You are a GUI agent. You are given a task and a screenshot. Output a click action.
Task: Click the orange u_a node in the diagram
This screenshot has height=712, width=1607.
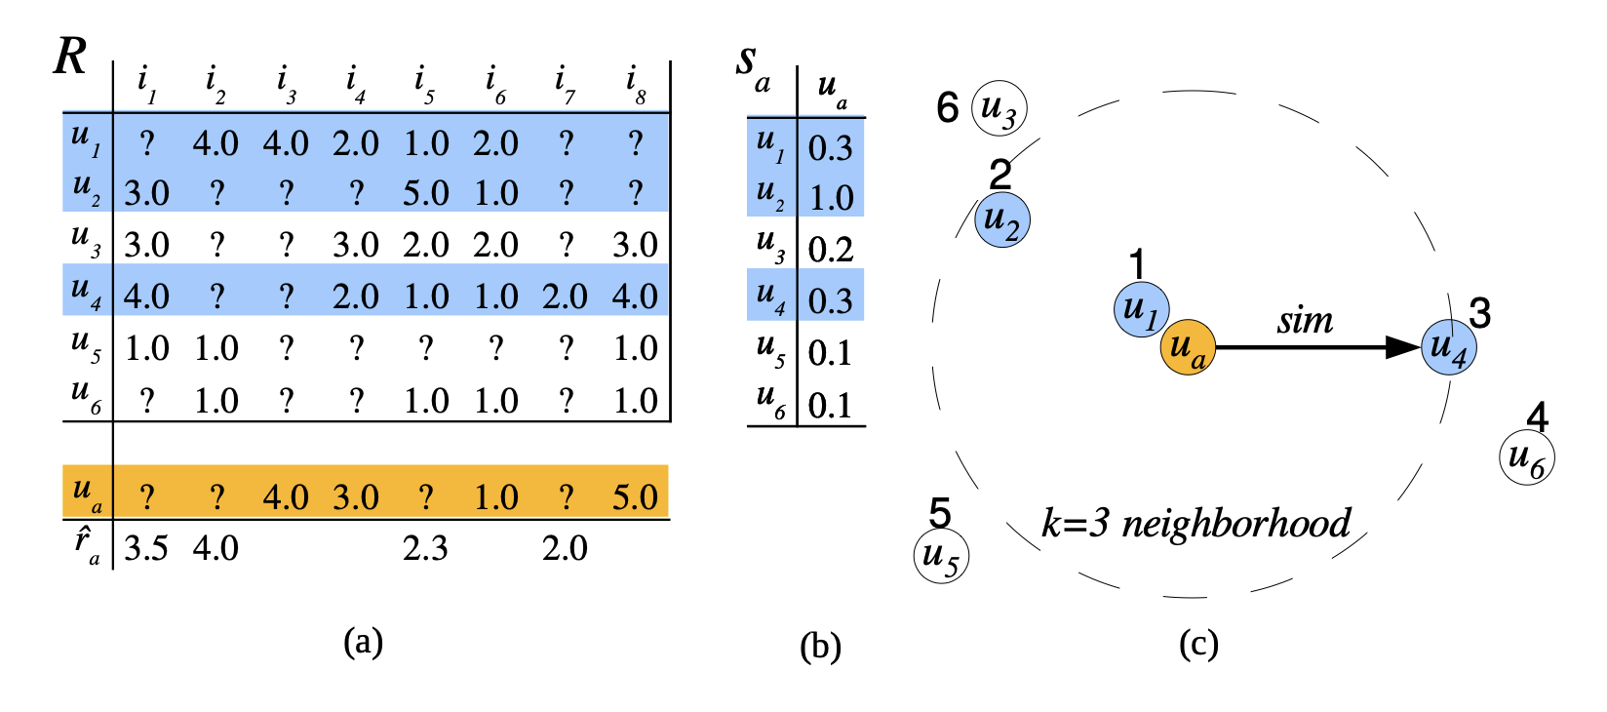1187,347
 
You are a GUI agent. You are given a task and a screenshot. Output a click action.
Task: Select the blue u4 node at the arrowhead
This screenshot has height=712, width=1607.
1448,347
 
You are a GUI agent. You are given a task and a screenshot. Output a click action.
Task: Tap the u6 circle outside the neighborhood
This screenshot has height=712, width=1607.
1526,457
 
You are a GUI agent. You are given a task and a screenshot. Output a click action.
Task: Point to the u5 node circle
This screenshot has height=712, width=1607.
941,556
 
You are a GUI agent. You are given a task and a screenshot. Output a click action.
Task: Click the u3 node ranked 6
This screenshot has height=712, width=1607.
999,108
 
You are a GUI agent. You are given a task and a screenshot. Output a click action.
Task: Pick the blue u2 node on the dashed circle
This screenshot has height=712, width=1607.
1001,219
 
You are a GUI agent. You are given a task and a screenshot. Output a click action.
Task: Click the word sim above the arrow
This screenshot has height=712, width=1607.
1305,320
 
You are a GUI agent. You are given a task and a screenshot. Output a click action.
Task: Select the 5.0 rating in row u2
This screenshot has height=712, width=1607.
426,193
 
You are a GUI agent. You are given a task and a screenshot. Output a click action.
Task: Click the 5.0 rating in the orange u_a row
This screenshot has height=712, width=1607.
635,497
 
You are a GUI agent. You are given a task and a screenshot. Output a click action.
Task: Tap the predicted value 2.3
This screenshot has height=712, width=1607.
426,548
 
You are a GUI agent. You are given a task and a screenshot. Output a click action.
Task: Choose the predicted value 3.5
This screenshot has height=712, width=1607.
146,548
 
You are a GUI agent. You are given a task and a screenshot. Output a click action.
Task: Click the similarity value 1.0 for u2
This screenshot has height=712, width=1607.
831,198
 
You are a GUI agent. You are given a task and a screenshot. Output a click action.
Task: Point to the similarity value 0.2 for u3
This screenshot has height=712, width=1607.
831,250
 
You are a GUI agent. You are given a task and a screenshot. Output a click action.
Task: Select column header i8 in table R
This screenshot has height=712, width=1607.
636,85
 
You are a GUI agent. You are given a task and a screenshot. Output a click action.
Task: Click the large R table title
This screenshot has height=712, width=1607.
70,57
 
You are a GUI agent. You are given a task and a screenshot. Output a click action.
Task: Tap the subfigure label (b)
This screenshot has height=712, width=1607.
820,646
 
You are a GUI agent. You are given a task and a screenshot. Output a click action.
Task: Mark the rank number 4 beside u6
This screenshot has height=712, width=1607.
1537,417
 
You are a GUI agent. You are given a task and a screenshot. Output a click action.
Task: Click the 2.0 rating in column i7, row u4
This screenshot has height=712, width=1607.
566,297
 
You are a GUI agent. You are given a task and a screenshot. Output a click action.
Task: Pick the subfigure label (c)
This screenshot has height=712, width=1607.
1198,644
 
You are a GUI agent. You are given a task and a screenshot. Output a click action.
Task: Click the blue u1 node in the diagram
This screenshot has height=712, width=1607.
1141,310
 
